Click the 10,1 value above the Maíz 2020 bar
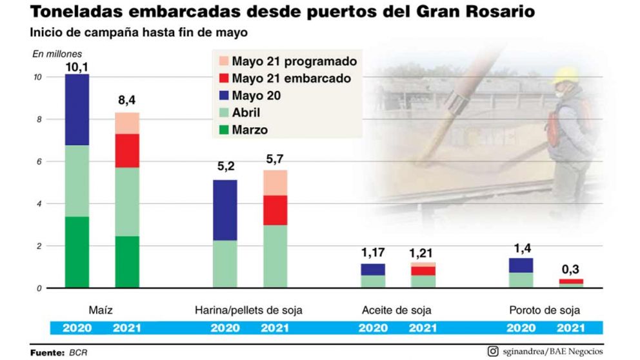[76, 66]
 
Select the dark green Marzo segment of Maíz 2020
[77, 252]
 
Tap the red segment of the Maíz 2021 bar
[127, 150]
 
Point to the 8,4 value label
[127, 101]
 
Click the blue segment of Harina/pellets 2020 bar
[225, 210]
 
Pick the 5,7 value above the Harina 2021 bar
[275, 159]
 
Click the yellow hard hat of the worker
[566, 76]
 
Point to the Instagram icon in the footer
[493, 352]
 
